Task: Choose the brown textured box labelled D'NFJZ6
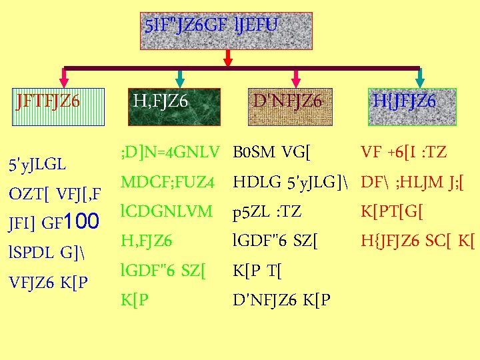pos(288,107)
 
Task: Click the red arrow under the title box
pos(227,59)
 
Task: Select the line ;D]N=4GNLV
pos(169,153)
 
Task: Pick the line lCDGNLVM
pos(167,211)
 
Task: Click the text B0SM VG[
pos(273,153)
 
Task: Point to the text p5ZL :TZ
pos(267,212)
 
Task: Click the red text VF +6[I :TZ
pos(403,153)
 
